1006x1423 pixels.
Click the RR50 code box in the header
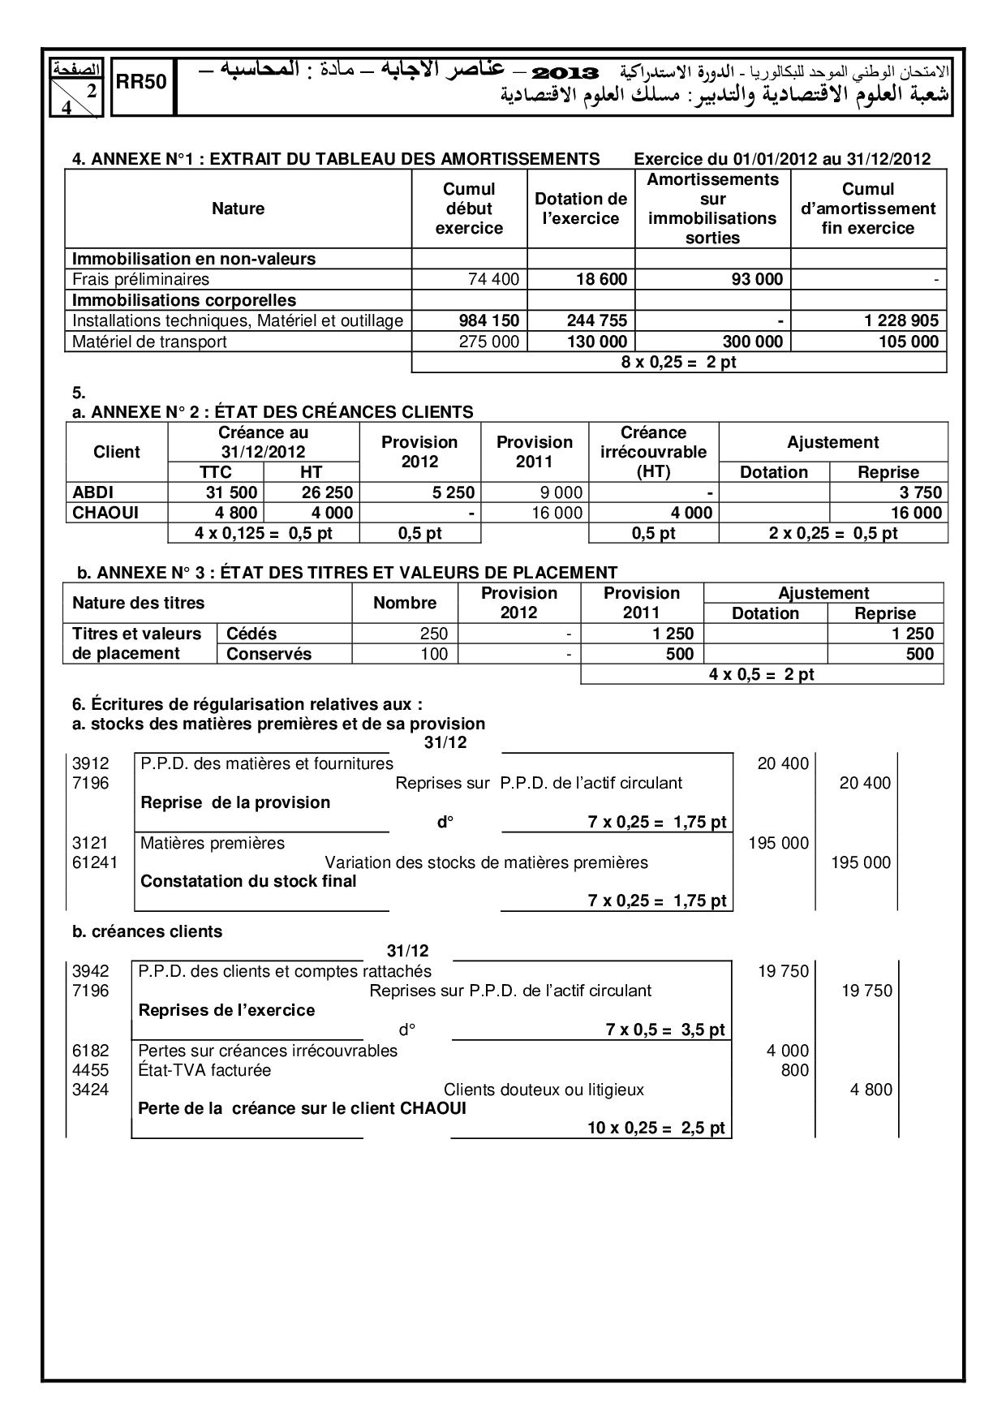click(141, 82)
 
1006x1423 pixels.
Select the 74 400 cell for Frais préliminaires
click(493, 280)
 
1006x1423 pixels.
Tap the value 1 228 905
click(901, 320)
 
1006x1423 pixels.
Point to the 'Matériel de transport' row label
click(150, 342)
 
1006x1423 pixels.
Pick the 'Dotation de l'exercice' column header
click(580, 209)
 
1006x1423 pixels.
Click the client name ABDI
click(93, 492)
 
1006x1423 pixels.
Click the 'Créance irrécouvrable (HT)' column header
click(653, 452)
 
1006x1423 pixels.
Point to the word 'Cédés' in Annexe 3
click(251, 634)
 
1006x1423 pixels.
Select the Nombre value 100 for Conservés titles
click(434, 654)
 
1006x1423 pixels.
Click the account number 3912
click(90, 763)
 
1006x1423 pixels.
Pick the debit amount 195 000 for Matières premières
click(778, 843)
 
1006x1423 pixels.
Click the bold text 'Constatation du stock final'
click(248, 881)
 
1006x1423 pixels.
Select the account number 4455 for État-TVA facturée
click(90, 1070)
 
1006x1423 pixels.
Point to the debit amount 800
click(794, 1070)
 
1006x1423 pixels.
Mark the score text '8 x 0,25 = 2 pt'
click(678, 362)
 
